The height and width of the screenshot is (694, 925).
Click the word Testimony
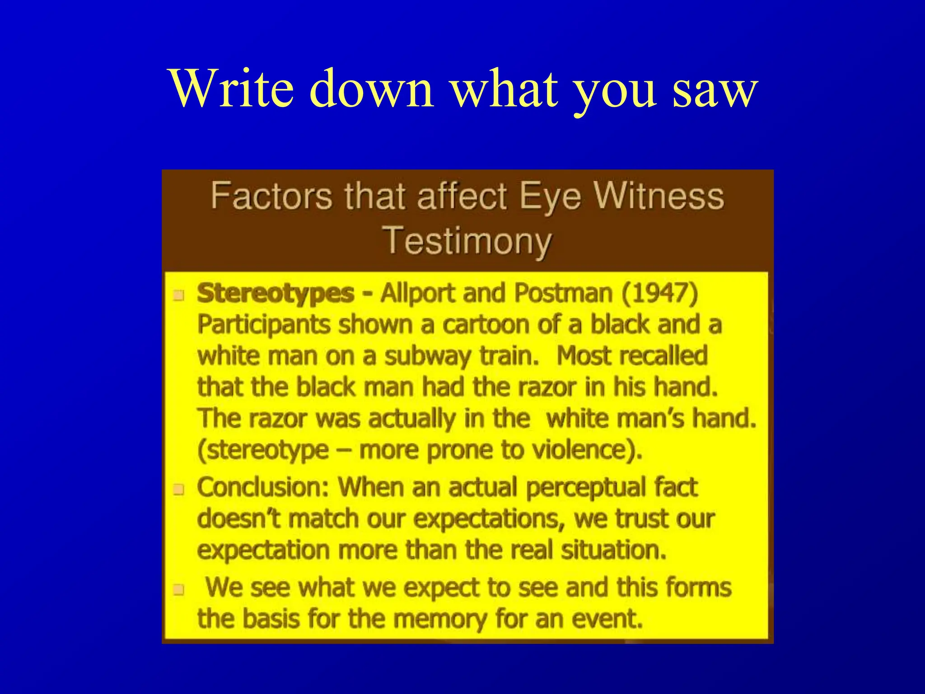tap(467, 241)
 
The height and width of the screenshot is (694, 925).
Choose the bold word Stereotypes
tap(276, 294)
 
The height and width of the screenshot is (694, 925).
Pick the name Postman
tap(563, 293)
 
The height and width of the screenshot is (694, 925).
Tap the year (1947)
tap(659, 293)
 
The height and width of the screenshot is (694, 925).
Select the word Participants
tap(264, 325)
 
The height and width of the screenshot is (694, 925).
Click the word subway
tap(427, 356)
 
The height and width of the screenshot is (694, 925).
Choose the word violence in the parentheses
tap(587, 450)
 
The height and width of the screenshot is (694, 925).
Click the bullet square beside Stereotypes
tap(179, 296)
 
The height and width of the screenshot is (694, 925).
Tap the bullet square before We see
tap(179, 590)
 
